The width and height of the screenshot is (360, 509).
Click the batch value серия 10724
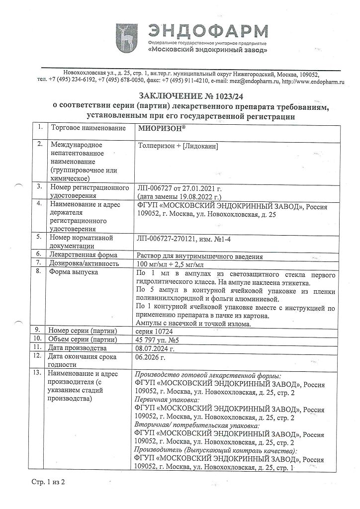coord(155,330)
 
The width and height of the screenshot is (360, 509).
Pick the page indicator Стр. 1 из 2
coord(48,482)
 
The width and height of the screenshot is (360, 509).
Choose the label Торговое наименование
coord(87,128)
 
